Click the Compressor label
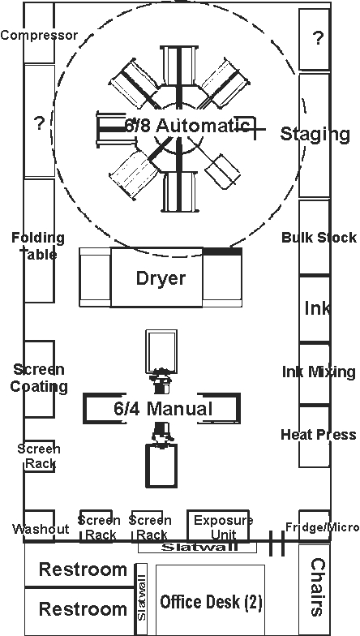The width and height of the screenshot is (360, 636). tap(39, 36)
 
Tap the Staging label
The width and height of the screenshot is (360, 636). tap(315, 134)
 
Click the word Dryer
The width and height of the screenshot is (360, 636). tap(161, 278)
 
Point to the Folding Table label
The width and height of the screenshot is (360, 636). tap(38, 246)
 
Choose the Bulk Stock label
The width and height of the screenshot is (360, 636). tap(319, 237)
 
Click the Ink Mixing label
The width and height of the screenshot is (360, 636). tap(319, 372)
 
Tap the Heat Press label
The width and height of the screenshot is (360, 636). tap(319, 435)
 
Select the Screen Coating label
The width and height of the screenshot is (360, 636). tap(39, 378)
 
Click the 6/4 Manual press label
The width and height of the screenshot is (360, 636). tap(163, 409)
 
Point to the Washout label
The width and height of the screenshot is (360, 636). tap(41, 529)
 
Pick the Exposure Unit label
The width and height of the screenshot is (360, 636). tap(224, 527)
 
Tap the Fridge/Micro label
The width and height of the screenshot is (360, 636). tap(323, 527)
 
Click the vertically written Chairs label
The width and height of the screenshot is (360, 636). tap(318, 587)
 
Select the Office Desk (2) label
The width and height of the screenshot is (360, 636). tap(211, 602)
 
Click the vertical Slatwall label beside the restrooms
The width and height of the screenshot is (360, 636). tap(141, 597)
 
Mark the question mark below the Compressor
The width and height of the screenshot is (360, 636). tap(39, 123)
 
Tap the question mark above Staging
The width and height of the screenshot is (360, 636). tap(319, 38)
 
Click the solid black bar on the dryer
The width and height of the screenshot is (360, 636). tap(222, 251)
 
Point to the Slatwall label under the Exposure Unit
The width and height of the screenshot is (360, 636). tap(199, 547)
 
